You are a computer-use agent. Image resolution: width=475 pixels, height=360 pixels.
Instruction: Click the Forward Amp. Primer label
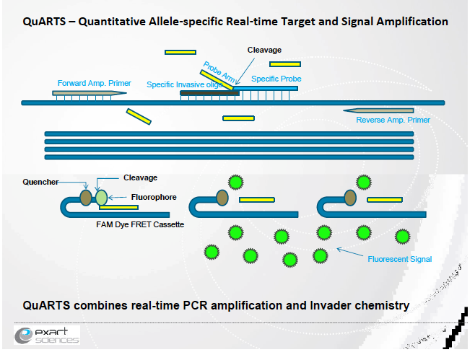coord(94,83)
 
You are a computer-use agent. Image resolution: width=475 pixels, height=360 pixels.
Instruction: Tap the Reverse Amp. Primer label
coord(393,120)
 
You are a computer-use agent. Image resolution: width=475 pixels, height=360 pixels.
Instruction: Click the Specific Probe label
coord(276,78)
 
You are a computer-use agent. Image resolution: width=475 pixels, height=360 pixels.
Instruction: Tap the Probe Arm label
coord(218,73)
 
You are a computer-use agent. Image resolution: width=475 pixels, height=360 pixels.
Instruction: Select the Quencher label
coord(40,182)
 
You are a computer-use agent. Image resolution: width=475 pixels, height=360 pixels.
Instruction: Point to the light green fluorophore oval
coord(100,197)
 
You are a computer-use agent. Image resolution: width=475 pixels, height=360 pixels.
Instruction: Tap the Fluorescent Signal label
coord(398,258)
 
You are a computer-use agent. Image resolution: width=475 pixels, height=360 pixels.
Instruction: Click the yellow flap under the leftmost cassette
coord(118,208)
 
